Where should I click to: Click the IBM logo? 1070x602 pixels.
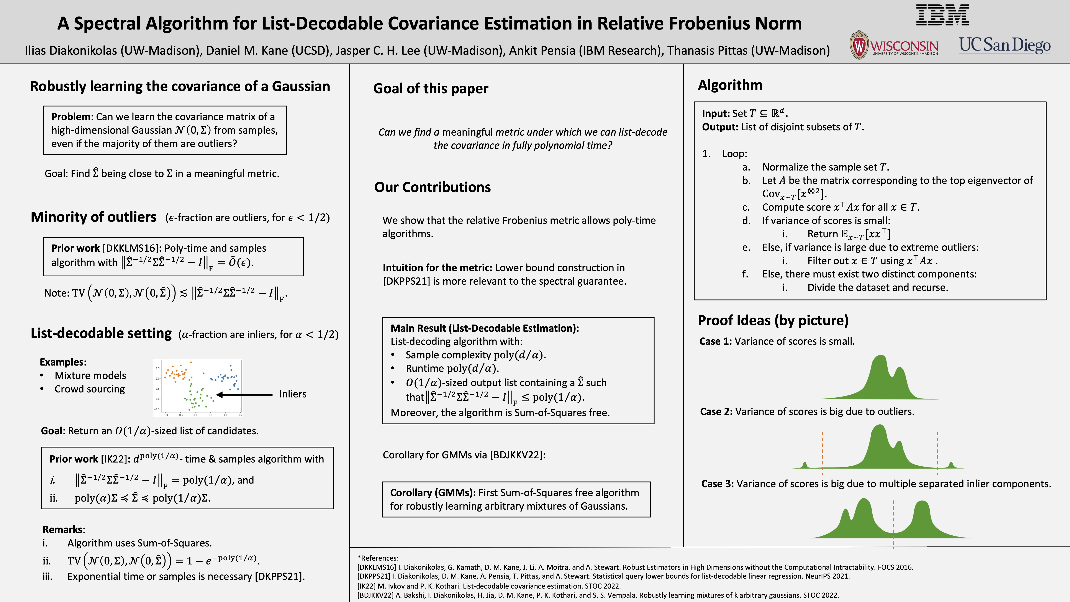click(x=942, y=15)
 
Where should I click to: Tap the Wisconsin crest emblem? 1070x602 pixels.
click(x=859, y=45)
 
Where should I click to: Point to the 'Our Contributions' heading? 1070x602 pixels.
click(x=432, y=187)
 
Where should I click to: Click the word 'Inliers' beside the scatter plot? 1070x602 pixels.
click(x=292, y=394)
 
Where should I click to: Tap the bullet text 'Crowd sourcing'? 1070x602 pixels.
click(x=90, y=389)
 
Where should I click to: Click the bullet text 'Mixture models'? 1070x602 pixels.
click(x=90, y=376)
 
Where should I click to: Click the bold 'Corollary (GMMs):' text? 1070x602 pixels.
click(x=432, y=493)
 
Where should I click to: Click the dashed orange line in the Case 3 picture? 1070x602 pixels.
click(x=893, y=523)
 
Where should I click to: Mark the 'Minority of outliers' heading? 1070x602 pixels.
click(x=93, y=217)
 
